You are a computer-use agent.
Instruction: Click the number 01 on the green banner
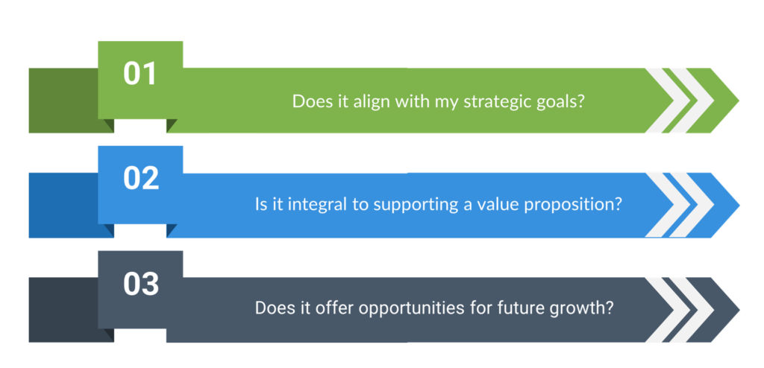point(140,74)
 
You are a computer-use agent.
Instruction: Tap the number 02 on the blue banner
point(141,179)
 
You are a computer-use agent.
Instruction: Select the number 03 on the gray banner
point(141,285)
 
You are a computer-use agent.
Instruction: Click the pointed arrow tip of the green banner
point(739,101)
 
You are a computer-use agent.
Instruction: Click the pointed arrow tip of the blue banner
point(739,206)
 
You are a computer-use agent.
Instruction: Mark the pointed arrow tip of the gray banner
point(739,310)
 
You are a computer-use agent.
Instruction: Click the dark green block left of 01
point(63,101)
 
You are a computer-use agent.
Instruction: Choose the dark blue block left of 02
point(63,206)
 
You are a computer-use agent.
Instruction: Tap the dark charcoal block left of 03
point(63,310)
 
